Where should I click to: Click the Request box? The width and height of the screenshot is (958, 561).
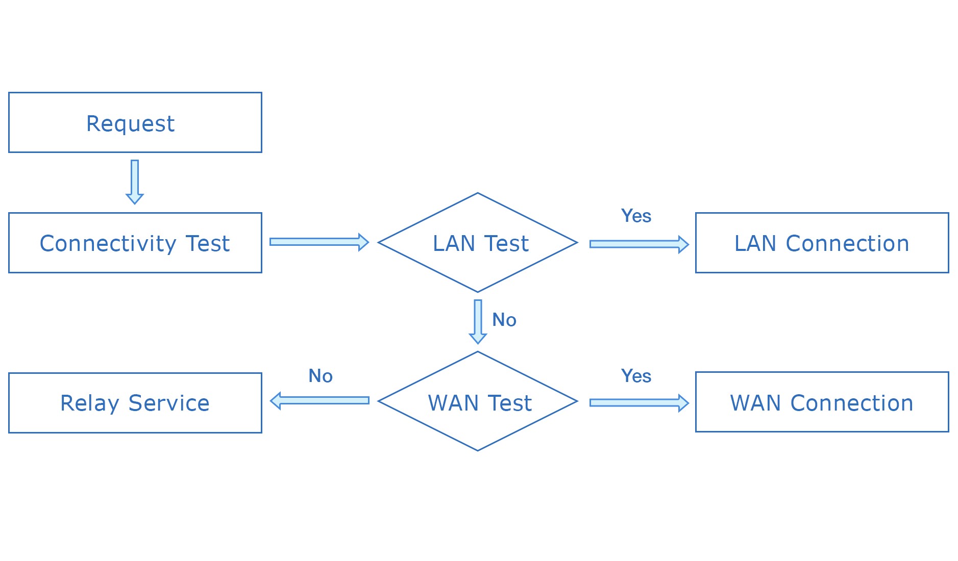pos(135,122)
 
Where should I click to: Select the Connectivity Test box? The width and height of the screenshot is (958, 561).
pos(135,243)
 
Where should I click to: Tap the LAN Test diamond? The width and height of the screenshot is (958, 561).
pos(478,243)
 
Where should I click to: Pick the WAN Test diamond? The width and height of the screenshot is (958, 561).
pos(478,402)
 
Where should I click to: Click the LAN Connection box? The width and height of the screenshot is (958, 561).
pos(822,243)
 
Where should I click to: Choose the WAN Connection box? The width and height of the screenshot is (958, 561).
pos(822,402)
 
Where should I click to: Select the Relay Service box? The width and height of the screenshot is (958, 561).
pos(135,403)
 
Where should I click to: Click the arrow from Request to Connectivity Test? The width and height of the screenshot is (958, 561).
pos(135,182)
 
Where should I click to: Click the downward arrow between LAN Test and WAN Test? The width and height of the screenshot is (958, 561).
pos(478,321)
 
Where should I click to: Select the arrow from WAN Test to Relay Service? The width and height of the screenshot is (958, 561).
pos(320,400)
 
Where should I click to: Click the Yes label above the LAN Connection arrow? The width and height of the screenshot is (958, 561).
pos(636,216)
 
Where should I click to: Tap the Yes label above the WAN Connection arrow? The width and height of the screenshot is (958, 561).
pos(636,376)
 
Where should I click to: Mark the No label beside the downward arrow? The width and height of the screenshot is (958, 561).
pos(504,320)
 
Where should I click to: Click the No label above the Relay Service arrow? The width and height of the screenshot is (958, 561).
pos(321,376)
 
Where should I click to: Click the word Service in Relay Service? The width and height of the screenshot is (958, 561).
pos(169,403)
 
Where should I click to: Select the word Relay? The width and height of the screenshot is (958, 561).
pos(89,403)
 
